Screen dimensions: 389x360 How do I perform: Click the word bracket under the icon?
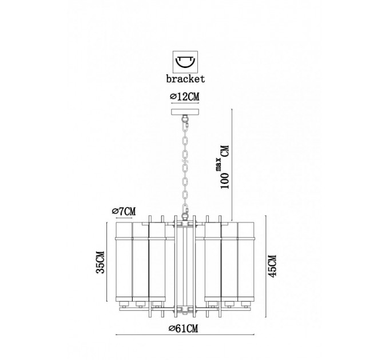point(185,79)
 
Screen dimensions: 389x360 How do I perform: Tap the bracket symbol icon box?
point(185,62)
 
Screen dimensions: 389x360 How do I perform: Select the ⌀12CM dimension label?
point(185,97)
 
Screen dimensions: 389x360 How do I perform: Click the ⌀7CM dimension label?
point(124,211)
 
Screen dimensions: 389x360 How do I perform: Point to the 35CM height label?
point(100,262)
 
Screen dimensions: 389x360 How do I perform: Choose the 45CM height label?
point(272,266)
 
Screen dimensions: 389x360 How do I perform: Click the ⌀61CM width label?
point(184,329)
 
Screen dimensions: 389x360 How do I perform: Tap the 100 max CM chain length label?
point(224,167)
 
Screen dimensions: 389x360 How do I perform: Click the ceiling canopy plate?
point(185,112)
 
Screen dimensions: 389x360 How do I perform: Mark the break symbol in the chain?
point(185,161)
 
